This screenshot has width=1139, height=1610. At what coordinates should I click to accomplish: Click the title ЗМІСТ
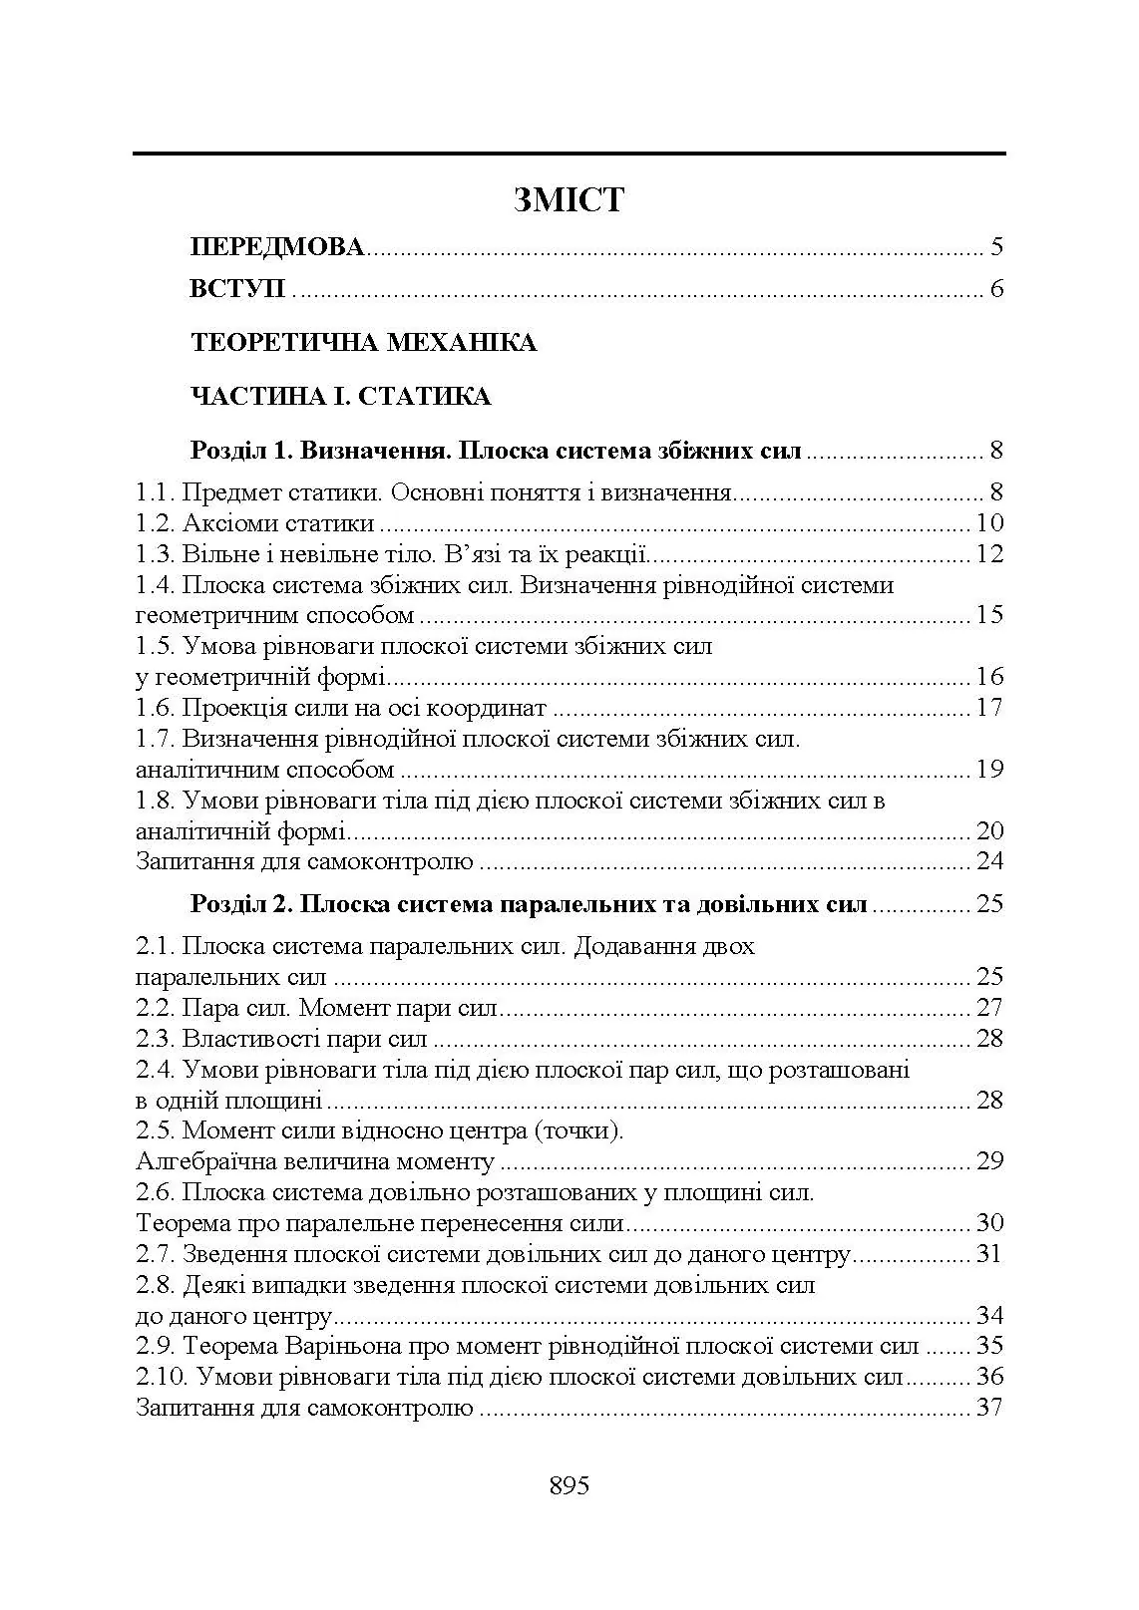[569, 200]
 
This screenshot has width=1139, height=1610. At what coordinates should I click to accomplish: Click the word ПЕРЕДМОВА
[277, 247]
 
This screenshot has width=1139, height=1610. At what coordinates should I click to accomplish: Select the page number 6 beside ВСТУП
[995, 290]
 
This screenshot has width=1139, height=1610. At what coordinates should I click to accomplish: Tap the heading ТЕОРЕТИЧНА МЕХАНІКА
[363, 343]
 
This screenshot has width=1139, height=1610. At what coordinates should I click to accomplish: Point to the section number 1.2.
[156, 523]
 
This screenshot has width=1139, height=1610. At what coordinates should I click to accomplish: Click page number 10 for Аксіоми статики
[989, 523]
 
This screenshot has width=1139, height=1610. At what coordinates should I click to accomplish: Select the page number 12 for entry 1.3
[989, 554]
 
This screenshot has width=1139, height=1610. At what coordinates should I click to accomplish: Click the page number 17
[989, 709]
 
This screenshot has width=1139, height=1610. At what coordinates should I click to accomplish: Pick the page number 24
[989, 861]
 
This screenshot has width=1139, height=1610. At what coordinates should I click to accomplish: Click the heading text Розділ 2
[239, 905]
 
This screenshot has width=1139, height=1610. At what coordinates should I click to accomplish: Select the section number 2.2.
[156, 1008]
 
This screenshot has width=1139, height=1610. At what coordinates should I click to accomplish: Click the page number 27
[989, 1008]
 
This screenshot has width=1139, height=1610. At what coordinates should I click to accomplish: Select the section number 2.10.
[161, 1377]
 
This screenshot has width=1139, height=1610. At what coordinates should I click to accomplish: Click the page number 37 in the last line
[989, 1408]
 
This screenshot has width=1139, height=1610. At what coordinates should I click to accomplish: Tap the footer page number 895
[569, 1485]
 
